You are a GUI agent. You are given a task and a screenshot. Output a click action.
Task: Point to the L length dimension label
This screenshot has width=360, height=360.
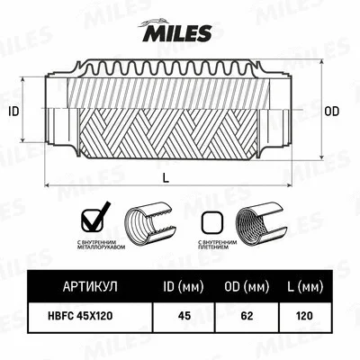166,179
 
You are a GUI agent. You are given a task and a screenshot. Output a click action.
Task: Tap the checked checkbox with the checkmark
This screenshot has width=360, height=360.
94,219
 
